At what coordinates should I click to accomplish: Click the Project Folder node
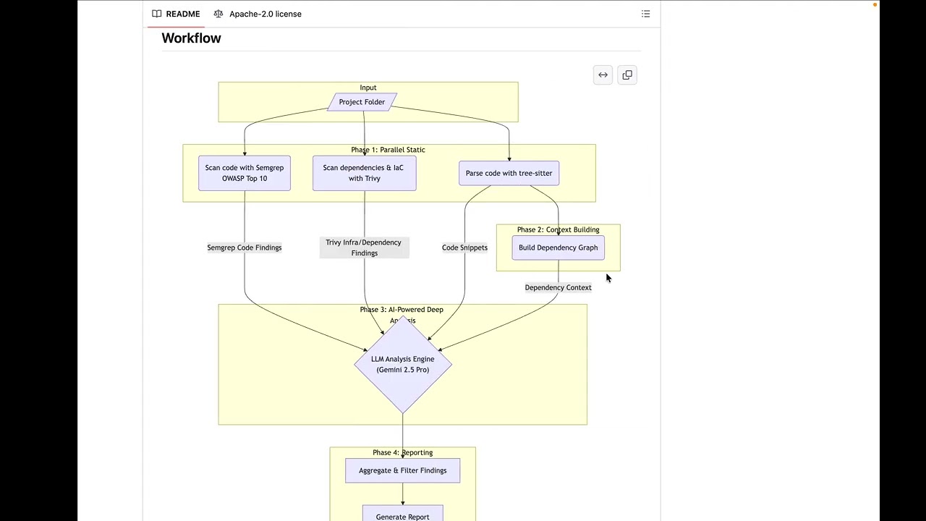click(x=362, y=102)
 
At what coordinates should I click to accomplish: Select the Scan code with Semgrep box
click(x=245, y=173)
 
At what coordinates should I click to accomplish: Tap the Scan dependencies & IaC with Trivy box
click(x=364, y=173)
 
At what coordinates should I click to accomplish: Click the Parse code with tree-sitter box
click(x=509, y=173)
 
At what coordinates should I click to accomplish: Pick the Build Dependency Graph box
click(x=558, y=247)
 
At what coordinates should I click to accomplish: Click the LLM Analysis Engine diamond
click(x=403, y=364)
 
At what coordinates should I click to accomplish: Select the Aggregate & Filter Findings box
click(x=403, y=470)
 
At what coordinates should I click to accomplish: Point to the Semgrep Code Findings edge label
click(x=245, y=247)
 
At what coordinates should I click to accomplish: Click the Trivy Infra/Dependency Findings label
click(x=364, y=247)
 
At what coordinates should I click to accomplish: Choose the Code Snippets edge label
click(x=464, y=247)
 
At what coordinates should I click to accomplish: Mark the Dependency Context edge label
click(x=558, y=287)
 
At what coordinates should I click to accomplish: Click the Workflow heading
click(x=192, y=38)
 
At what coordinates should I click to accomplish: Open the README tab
click(x=176, y=14)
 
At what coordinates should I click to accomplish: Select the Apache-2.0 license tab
click(x=258, y=14)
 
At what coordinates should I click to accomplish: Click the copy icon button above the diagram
click(x=627, y=75)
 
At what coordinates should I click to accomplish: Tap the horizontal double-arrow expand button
click(x=603, y=75)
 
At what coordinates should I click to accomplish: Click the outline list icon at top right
click(x=646, y=14)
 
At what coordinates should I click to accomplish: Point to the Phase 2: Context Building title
click(x=558, y=229)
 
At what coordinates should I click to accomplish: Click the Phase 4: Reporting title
click(x=403, y=452)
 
